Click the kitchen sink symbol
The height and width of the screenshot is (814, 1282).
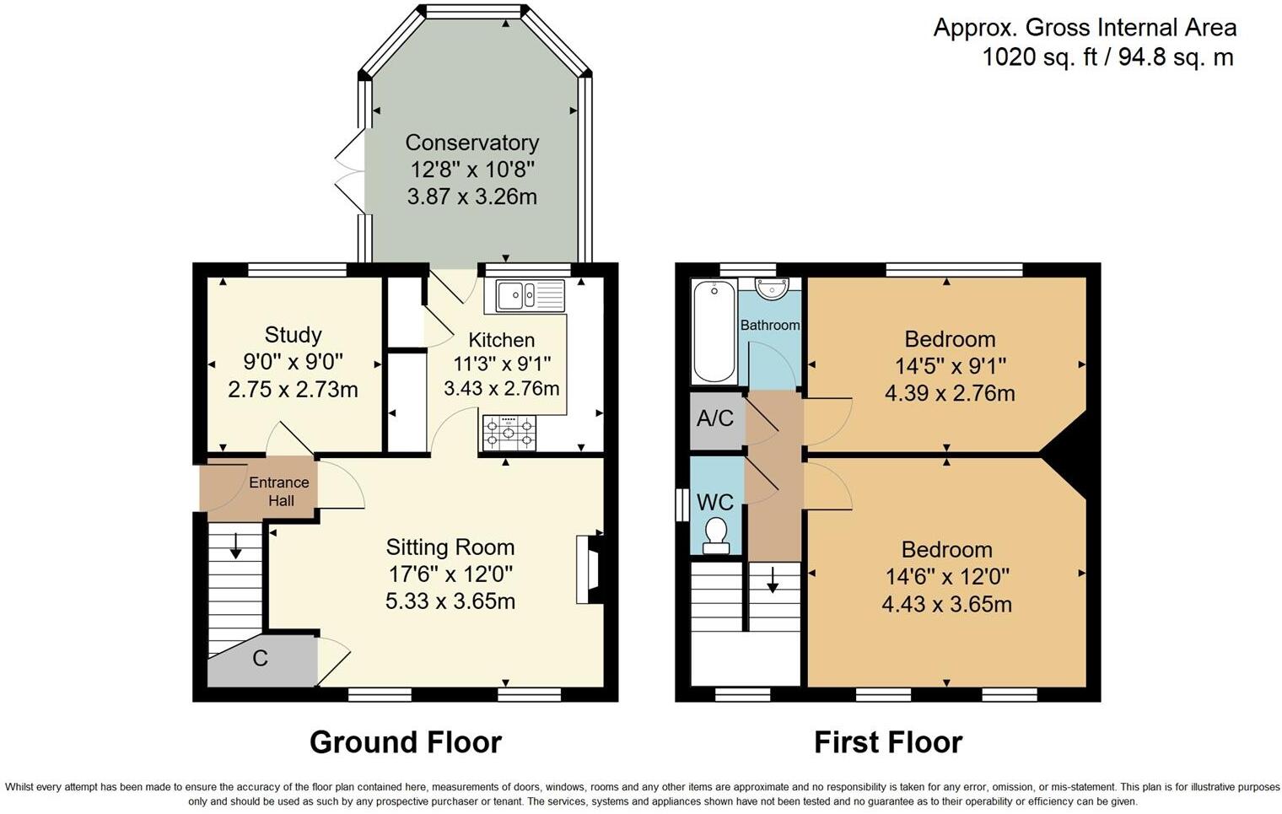pos(530,295)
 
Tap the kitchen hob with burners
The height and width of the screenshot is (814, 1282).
pos(509,433)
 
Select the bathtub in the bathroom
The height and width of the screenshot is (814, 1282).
pos(714,332)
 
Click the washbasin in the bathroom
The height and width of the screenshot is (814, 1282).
pos(772,288)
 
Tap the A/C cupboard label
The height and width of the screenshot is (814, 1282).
pos(715,418)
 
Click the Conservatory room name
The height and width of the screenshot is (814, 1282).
pos(472,143)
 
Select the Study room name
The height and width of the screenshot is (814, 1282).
pos(293,335)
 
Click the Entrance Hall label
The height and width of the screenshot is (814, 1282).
pos(279,491)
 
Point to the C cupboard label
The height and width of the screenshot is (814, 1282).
pos(260,658)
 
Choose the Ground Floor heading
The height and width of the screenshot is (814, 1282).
pos(406,742)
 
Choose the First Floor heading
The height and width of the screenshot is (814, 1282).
pos(888,742)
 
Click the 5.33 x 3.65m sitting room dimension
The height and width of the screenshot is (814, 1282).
pos(450,601)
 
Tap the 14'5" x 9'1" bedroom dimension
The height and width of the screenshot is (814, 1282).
pos(950,365)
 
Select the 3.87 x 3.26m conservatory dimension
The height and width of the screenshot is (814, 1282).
pos(472,197)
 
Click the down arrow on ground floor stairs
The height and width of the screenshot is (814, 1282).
pos(235,546)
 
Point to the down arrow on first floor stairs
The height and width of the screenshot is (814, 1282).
pos(773,580)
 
